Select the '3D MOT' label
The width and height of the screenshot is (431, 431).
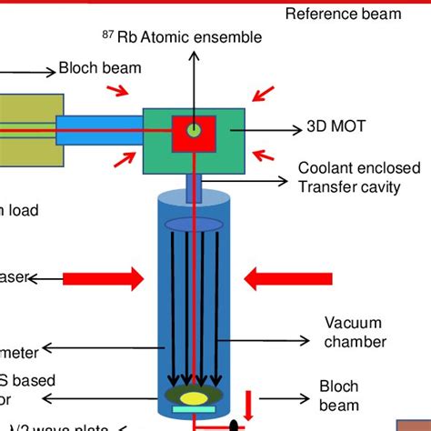click(336, 127)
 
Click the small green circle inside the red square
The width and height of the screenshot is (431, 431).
click(194, 131)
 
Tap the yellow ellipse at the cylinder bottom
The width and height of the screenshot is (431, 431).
click(195, 396)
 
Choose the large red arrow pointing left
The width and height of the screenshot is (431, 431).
click(278, 276)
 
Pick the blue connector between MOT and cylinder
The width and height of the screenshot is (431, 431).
click(194, 187)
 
